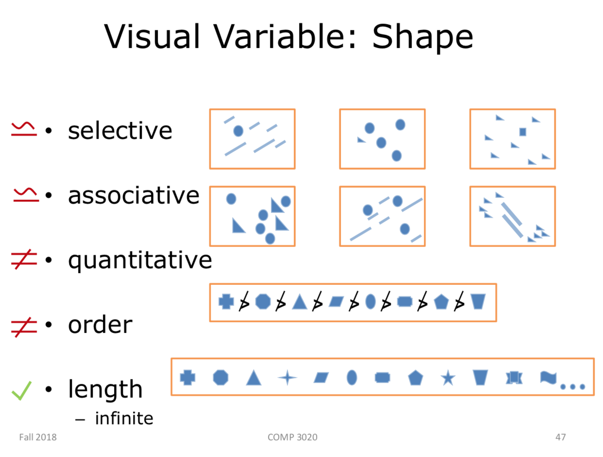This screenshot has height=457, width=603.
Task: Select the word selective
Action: (x=120, y=130)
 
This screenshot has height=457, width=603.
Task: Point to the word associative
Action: (x=134, y=195)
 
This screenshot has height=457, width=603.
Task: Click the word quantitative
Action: (x=140, y=260)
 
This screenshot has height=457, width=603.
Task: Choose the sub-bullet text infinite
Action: (x=124, y=418)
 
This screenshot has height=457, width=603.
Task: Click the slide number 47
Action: (x=560, y=437)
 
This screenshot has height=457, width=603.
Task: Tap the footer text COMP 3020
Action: (x=292, y=437)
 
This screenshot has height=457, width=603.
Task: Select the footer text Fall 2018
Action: (x=38, y=437)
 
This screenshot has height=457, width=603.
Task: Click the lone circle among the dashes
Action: (x=238, y=131)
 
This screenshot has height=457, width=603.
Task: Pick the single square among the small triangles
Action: (x=522, y=131)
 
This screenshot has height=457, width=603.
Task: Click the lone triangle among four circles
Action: (x=361, y=140)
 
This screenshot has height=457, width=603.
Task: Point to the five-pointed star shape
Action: (x=448, y=377)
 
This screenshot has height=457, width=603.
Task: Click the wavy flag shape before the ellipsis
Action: (x=549, y=377)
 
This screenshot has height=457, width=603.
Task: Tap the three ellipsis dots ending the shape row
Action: (x=572, y=387)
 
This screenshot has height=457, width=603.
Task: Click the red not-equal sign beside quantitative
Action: (x=23, y=261)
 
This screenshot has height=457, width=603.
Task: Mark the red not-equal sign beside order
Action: (x=23, y=325)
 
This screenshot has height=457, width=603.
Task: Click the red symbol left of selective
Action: (x=23, y=129)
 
